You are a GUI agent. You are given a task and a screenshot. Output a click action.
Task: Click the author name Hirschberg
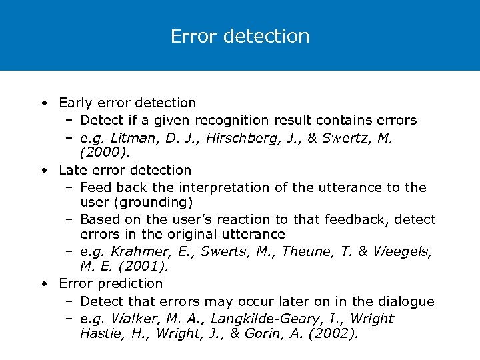pos(241,138)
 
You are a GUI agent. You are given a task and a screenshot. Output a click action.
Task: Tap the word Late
pos(73,170)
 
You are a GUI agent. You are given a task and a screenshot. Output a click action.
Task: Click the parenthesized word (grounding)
pos(153,202)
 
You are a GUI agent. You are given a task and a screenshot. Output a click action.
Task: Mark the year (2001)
pos(143,267)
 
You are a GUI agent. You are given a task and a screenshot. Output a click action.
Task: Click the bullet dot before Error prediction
pos(43,284)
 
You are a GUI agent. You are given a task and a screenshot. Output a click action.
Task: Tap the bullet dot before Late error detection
pos(43,171)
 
